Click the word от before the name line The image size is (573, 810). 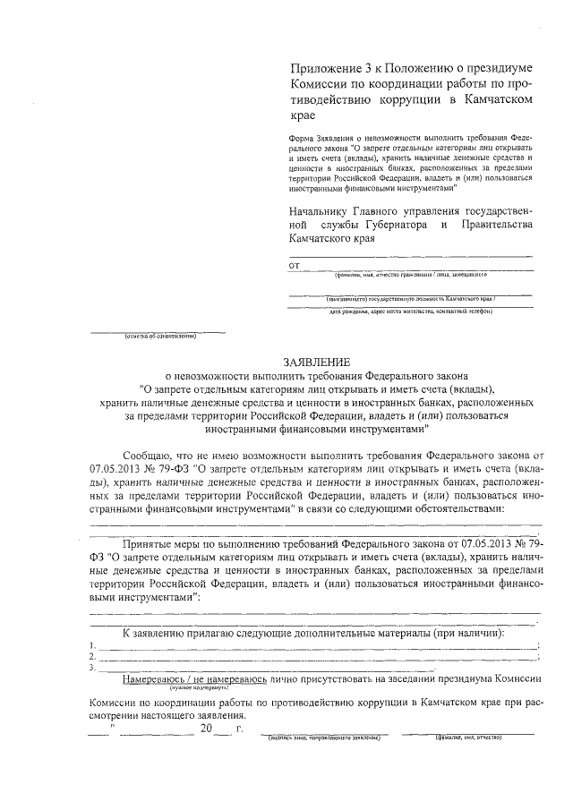tap(294, 266)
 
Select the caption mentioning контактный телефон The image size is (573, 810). tap(411, 311)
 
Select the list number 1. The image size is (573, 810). tap(93, 645)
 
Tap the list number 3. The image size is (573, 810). tap(93, 668)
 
